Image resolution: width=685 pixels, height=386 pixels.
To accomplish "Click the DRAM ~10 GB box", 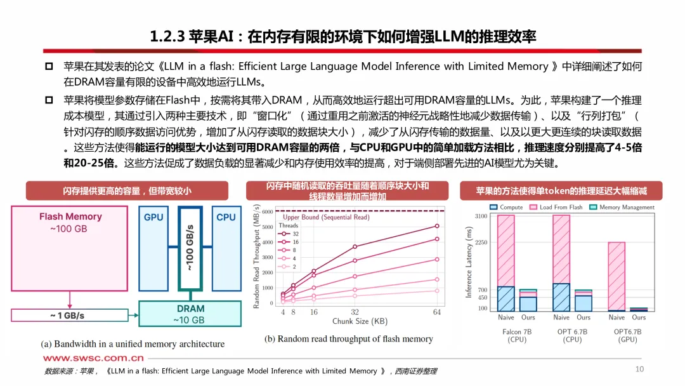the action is (190, 314).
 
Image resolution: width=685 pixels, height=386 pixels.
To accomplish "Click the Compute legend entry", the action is (507, 208).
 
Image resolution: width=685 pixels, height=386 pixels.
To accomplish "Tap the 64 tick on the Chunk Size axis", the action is (437, 312).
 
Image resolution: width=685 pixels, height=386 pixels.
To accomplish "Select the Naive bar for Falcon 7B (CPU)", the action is (506, 263).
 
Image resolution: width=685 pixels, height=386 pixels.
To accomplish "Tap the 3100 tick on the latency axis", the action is (480, 216).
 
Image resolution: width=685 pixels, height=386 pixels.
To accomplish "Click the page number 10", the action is (639, 369).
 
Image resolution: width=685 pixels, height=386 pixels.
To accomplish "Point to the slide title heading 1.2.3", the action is (343, 36).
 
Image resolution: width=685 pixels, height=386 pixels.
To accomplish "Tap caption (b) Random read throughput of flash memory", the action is (348, 338).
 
